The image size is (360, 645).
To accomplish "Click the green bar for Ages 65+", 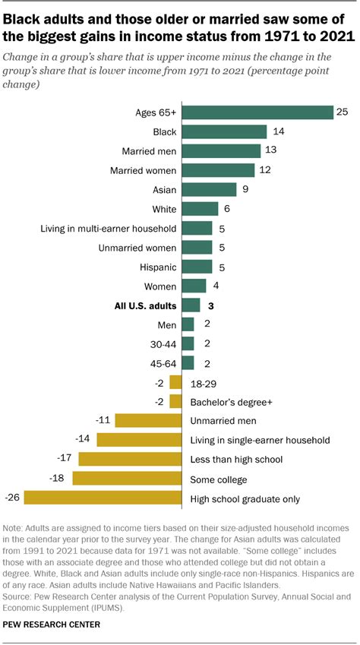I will pos(257,112).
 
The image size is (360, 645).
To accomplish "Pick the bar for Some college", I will pos(127,479).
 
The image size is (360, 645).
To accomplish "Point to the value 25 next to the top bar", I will pos(343,112).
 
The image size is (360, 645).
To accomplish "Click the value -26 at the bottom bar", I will pos(12,498).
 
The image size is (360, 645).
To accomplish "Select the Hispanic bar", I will pos(197,267).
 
